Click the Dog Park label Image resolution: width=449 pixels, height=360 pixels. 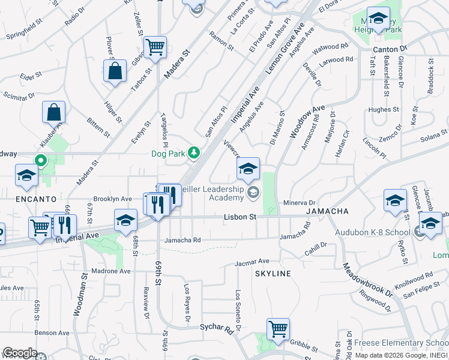(169, 153)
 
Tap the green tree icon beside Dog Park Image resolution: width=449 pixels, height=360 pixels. (193, 153)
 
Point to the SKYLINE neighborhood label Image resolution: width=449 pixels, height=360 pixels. (273, 274)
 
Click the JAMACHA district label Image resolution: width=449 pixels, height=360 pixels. (327, 212)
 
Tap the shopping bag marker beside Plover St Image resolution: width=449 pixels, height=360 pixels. (115, 71)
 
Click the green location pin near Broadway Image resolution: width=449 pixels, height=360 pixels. (41, 161)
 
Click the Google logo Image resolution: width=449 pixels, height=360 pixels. (19, 353)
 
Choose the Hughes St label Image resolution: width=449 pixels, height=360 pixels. (379, 109)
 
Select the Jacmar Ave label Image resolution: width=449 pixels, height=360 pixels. (252, 262)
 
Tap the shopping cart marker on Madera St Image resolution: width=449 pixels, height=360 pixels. (155, 47)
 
